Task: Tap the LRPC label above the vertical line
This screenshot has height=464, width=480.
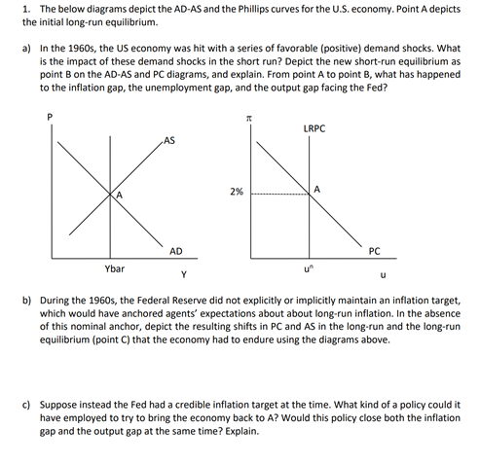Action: point(314,127)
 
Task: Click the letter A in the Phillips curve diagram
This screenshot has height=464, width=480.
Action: point(317,188)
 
